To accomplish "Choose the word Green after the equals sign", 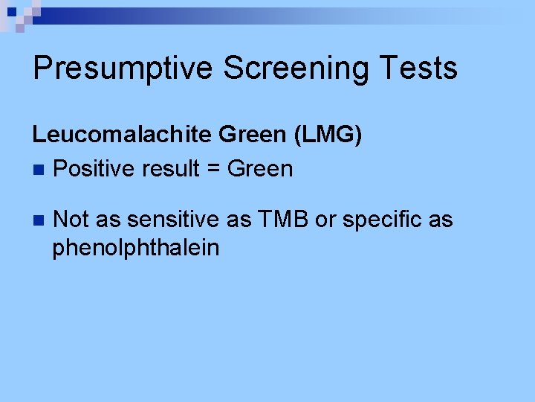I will tap(260, 170).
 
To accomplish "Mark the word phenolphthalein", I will tap(136, 247).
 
